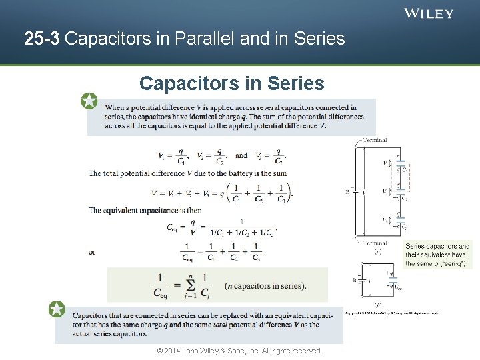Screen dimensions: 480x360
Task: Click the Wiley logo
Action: [x=429, y=13]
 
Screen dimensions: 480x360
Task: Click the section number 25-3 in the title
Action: [x=42, y=39]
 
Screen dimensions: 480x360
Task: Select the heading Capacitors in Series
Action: [x=231, y=83]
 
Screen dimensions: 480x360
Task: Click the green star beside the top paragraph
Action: [x=89, y=101]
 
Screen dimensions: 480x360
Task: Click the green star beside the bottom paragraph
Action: [x=57, y=309]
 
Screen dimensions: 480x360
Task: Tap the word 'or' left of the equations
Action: [x=92, y=252]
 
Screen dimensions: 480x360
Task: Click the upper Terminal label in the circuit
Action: [x=375, y=141]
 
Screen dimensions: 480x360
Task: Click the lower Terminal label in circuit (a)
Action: [x=375, y=243]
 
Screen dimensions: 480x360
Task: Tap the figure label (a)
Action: [x=378, y=251]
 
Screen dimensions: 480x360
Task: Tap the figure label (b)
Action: [x=378, y=304]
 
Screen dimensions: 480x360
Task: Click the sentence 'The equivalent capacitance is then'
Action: [x=145, y=210]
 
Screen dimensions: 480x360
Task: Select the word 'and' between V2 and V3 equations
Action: [x=241, y=156]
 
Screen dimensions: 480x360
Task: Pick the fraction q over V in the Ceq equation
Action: [x=193, y=227]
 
